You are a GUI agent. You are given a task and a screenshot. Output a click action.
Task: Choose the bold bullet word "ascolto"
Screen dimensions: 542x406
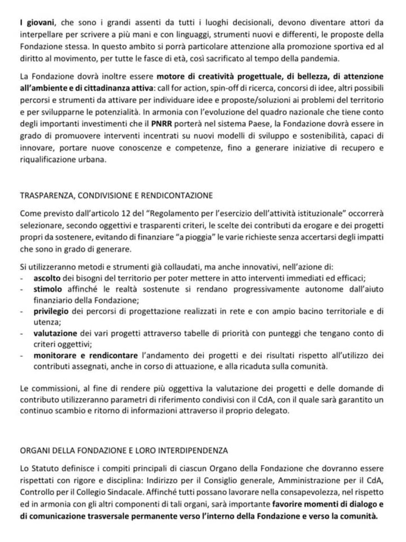point(47,278)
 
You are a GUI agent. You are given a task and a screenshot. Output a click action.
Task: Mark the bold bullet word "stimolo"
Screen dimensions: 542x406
point(48,289)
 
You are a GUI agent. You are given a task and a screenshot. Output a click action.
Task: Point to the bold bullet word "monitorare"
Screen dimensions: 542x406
point(53,355)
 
